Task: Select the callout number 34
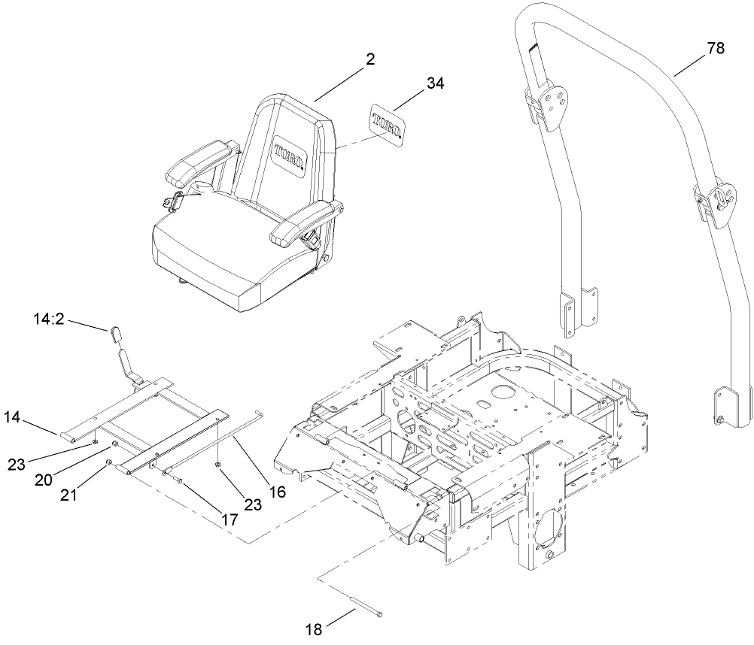pyautogui.click(x=435, y=84)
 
